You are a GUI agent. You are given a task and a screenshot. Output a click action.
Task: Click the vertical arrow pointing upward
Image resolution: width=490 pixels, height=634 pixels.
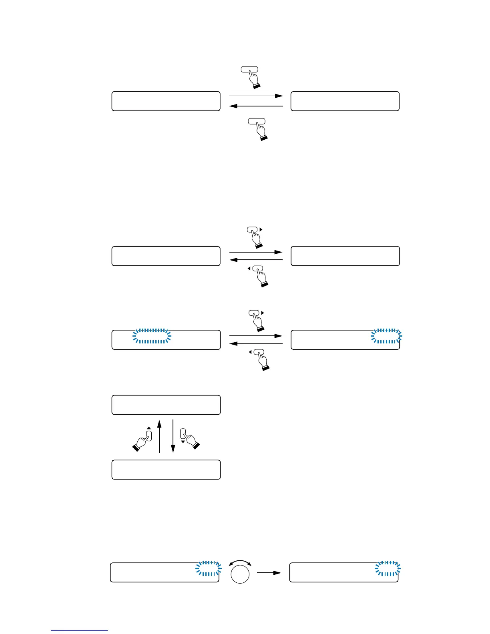coord(159,436)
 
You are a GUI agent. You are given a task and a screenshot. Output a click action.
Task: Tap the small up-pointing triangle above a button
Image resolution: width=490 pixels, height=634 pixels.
coord(149,428)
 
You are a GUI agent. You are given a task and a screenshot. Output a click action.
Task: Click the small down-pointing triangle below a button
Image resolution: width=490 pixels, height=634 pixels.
coord(183,442)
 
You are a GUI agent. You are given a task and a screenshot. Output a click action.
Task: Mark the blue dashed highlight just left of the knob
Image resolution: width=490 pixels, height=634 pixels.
coord(208,569)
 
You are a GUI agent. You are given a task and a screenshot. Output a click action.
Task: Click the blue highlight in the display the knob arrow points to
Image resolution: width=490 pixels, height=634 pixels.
coord(388,569)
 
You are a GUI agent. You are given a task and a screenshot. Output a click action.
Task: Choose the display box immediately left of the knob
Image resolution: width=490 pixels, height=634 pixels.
coord(165,572)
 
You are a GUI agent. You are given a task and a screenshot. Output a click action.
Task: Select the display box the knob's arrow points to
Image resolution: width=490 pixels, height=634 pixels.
coord(343,572)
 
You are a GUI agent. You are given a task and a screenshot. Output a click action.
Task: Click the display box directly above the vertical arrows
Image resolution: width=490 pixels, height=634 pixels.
coord(166,405)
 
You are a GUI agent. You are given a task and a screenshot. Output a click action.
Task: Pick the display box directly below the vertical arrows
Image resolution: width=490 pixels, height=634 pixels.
coord(166,469)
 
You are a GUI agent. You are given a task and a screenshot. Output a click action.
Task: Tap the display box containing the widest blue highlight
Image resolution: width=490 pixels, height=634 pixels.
coord(166,340)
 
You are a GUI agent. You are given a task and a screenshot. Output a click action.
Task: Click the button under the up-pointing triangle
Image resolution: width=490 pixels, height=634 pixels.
coord(149,435)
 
